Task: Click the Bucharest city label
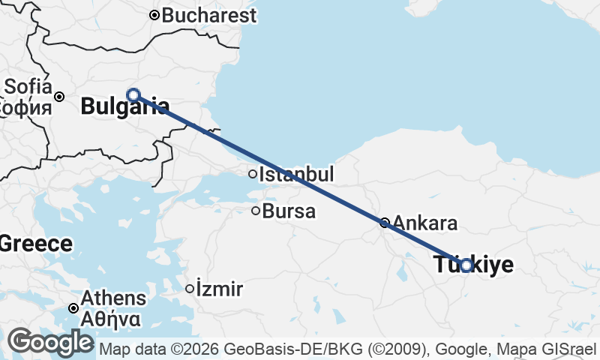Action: [x=208, y=15]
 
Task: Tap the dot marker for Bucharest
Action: [x=154, y=15]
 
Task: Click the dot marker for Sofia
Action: [x=59, y=96]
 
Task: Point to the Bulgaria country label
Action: [x=124, y=106]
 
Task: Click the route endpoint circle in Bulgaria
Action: [x=133, y=94]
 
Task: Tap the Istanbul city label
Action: [x=296, y=175]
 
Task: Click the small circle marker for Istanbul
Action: [x=253, y=174]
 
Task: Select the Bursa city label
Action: [x=289, y=211]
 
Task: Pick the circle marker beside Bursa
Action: [x=256, y=211]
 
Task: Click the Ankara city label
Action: [x=424, y=223]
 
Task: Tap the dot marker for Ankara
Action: [x=384, y=222]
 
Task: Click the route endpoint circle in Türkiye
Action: [x=466, y=265]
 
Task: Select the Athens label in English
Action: [x=109, y=296]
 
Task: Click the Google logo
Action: [x=50, y=343]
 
